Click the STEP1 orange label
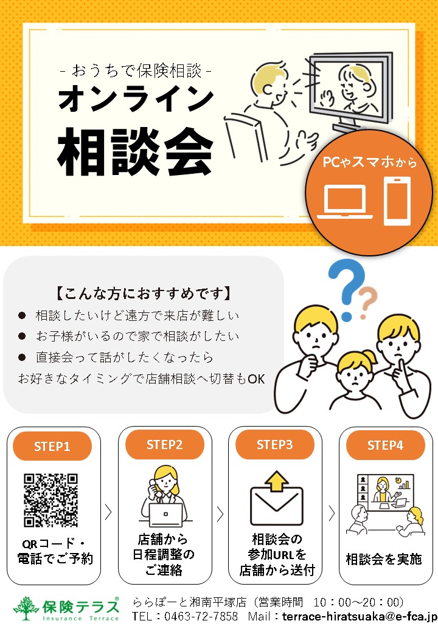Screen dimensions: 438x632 pos(52,446)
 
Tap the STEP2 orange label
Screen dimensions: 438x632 pos(164,444)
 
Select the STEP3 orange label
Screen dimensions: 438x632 pos(274,444)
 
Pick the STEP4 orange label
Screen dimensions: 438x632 pos(385,445)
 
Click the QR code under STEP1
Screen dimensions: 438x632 pos(51,500)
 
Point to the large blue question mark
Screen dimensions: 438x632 pos(346,289)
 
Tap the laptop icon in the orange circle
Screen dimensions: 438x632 pos(346,202)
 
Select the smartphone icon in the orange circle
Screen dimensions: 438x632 pos(397,201)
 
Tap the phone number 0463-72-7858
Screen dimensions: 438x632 pos(201,617)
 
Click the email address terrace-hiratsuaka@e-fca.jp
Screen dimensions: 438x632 pos(360,617)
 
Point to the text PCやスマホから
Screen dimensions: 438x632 pos(369,162)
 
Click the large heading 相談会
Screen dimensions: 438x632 pos(135,151)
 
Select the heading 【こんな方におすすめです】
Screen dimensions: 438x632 pos(143,294)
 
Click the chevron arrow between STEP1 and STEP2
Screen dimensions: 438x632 pos(108,512)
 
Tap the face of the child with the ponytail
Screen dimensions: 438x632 pos(355,375)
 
